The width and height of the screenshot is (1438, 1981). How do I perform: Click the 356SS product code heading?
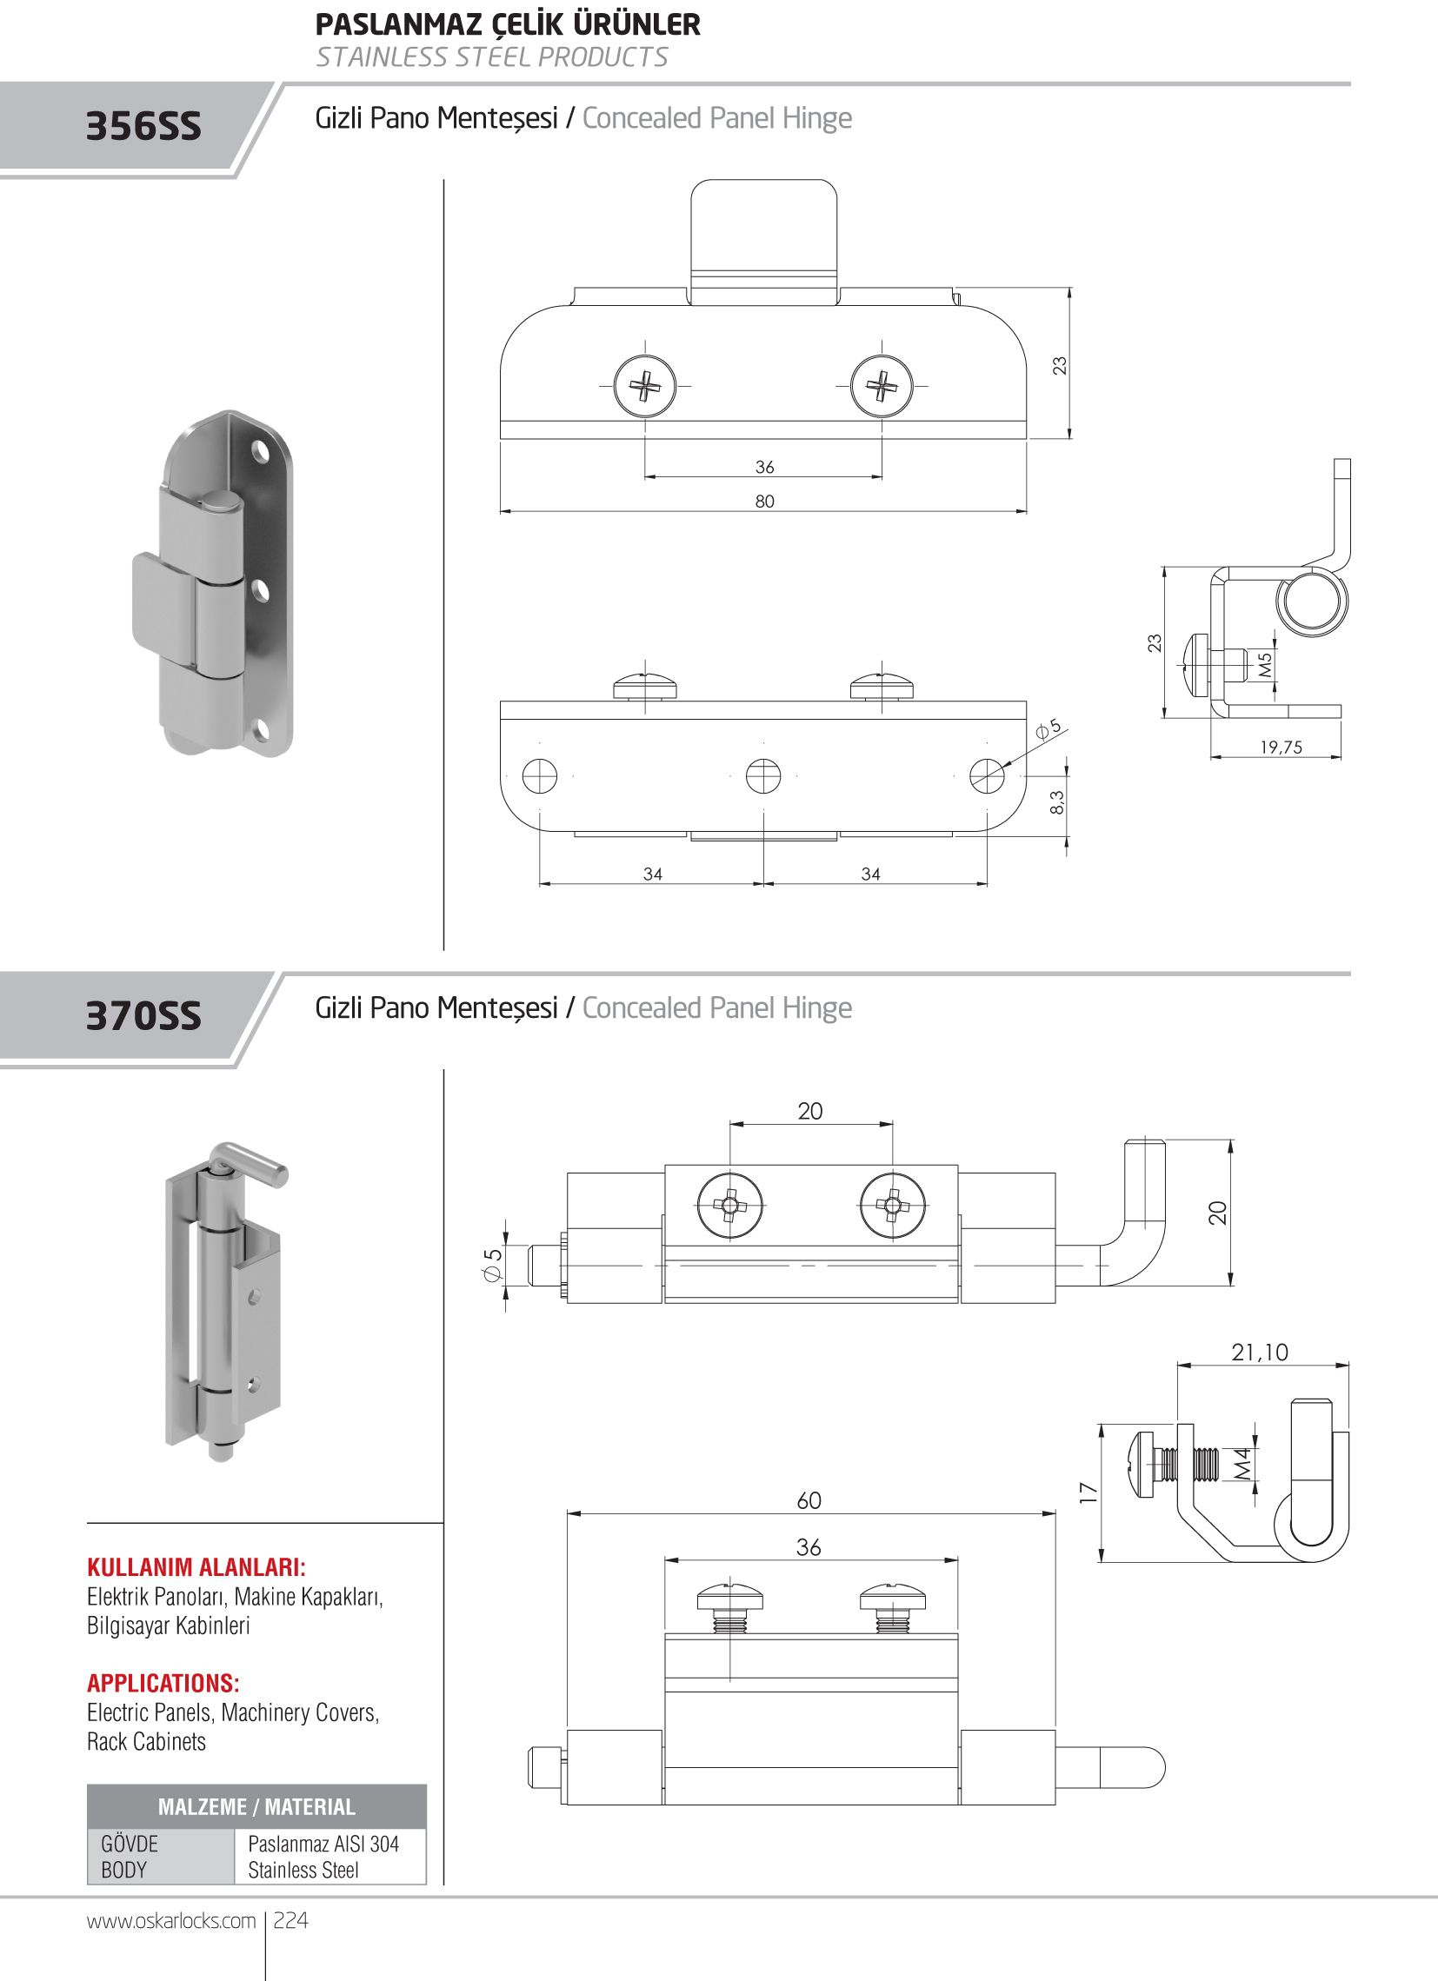(143, 127)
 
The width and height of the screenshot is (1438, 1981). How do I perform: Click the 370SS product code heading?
(143, 1016)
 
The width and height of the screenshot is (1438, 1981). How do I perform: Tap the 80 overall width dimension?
(764, 502)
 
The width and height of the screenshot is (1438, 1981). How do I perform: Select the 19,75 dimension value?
(1281, 747)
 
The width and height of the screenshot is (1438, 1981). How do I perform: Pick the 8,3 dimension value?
(1057, 801)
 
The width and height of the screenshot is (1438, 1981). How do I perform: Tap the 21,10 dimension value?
(1260, 1353)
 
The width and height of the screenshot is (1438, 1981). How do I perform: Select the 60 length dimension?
(809, 1500)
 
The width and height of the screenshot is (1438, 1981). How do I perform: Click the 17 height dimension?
(1088, 1492)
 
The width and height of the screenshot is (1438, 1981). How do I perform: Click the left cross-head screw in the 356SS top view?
(645, 385)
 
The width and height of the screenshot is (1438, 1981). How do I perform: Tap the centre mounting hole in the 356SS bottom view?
(763, 775)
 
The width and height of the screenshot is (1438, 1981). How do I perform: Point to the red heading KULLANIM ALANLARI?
(196, 1566)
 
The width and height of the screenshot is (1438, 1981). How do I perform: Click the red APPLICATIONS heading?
(163, 1682)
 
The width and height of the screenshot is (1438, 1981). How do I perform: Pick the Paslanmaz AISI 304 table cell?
(323, 1843)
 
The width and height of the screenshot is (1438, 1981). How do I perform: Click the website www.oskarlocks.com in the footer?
(171, 1921)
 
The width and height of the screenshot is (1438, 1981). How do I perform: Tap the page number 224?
(291, 1921)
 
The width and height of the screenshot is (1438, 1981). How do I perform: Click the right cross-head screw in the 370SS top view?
(891, 1207)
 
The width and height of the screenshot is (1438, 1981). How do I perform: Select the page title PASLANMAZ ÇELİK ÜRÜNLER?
(508, 24)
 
